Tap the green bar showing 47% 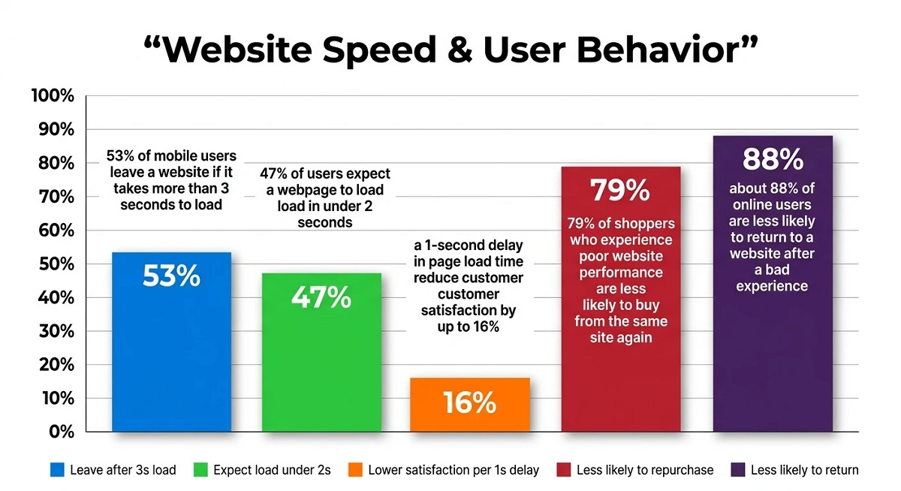[321, 360]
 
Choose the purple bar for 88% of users [773, 360]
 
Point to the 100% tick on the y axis [53, 96]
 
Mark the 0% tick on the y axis [60, 432]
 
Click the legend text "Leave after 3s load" [123, 470]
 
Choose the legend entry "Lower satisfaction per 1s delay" [454, 470]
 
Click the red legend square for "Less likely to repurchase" [563, 470]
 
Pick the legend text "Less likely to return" [804, 470]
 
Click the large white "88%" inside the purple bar [773, 159]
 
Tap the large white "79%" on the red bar [620, 191]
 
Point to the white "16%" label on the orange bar [469, 403]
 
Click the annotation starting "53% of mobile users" [172, 180]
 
